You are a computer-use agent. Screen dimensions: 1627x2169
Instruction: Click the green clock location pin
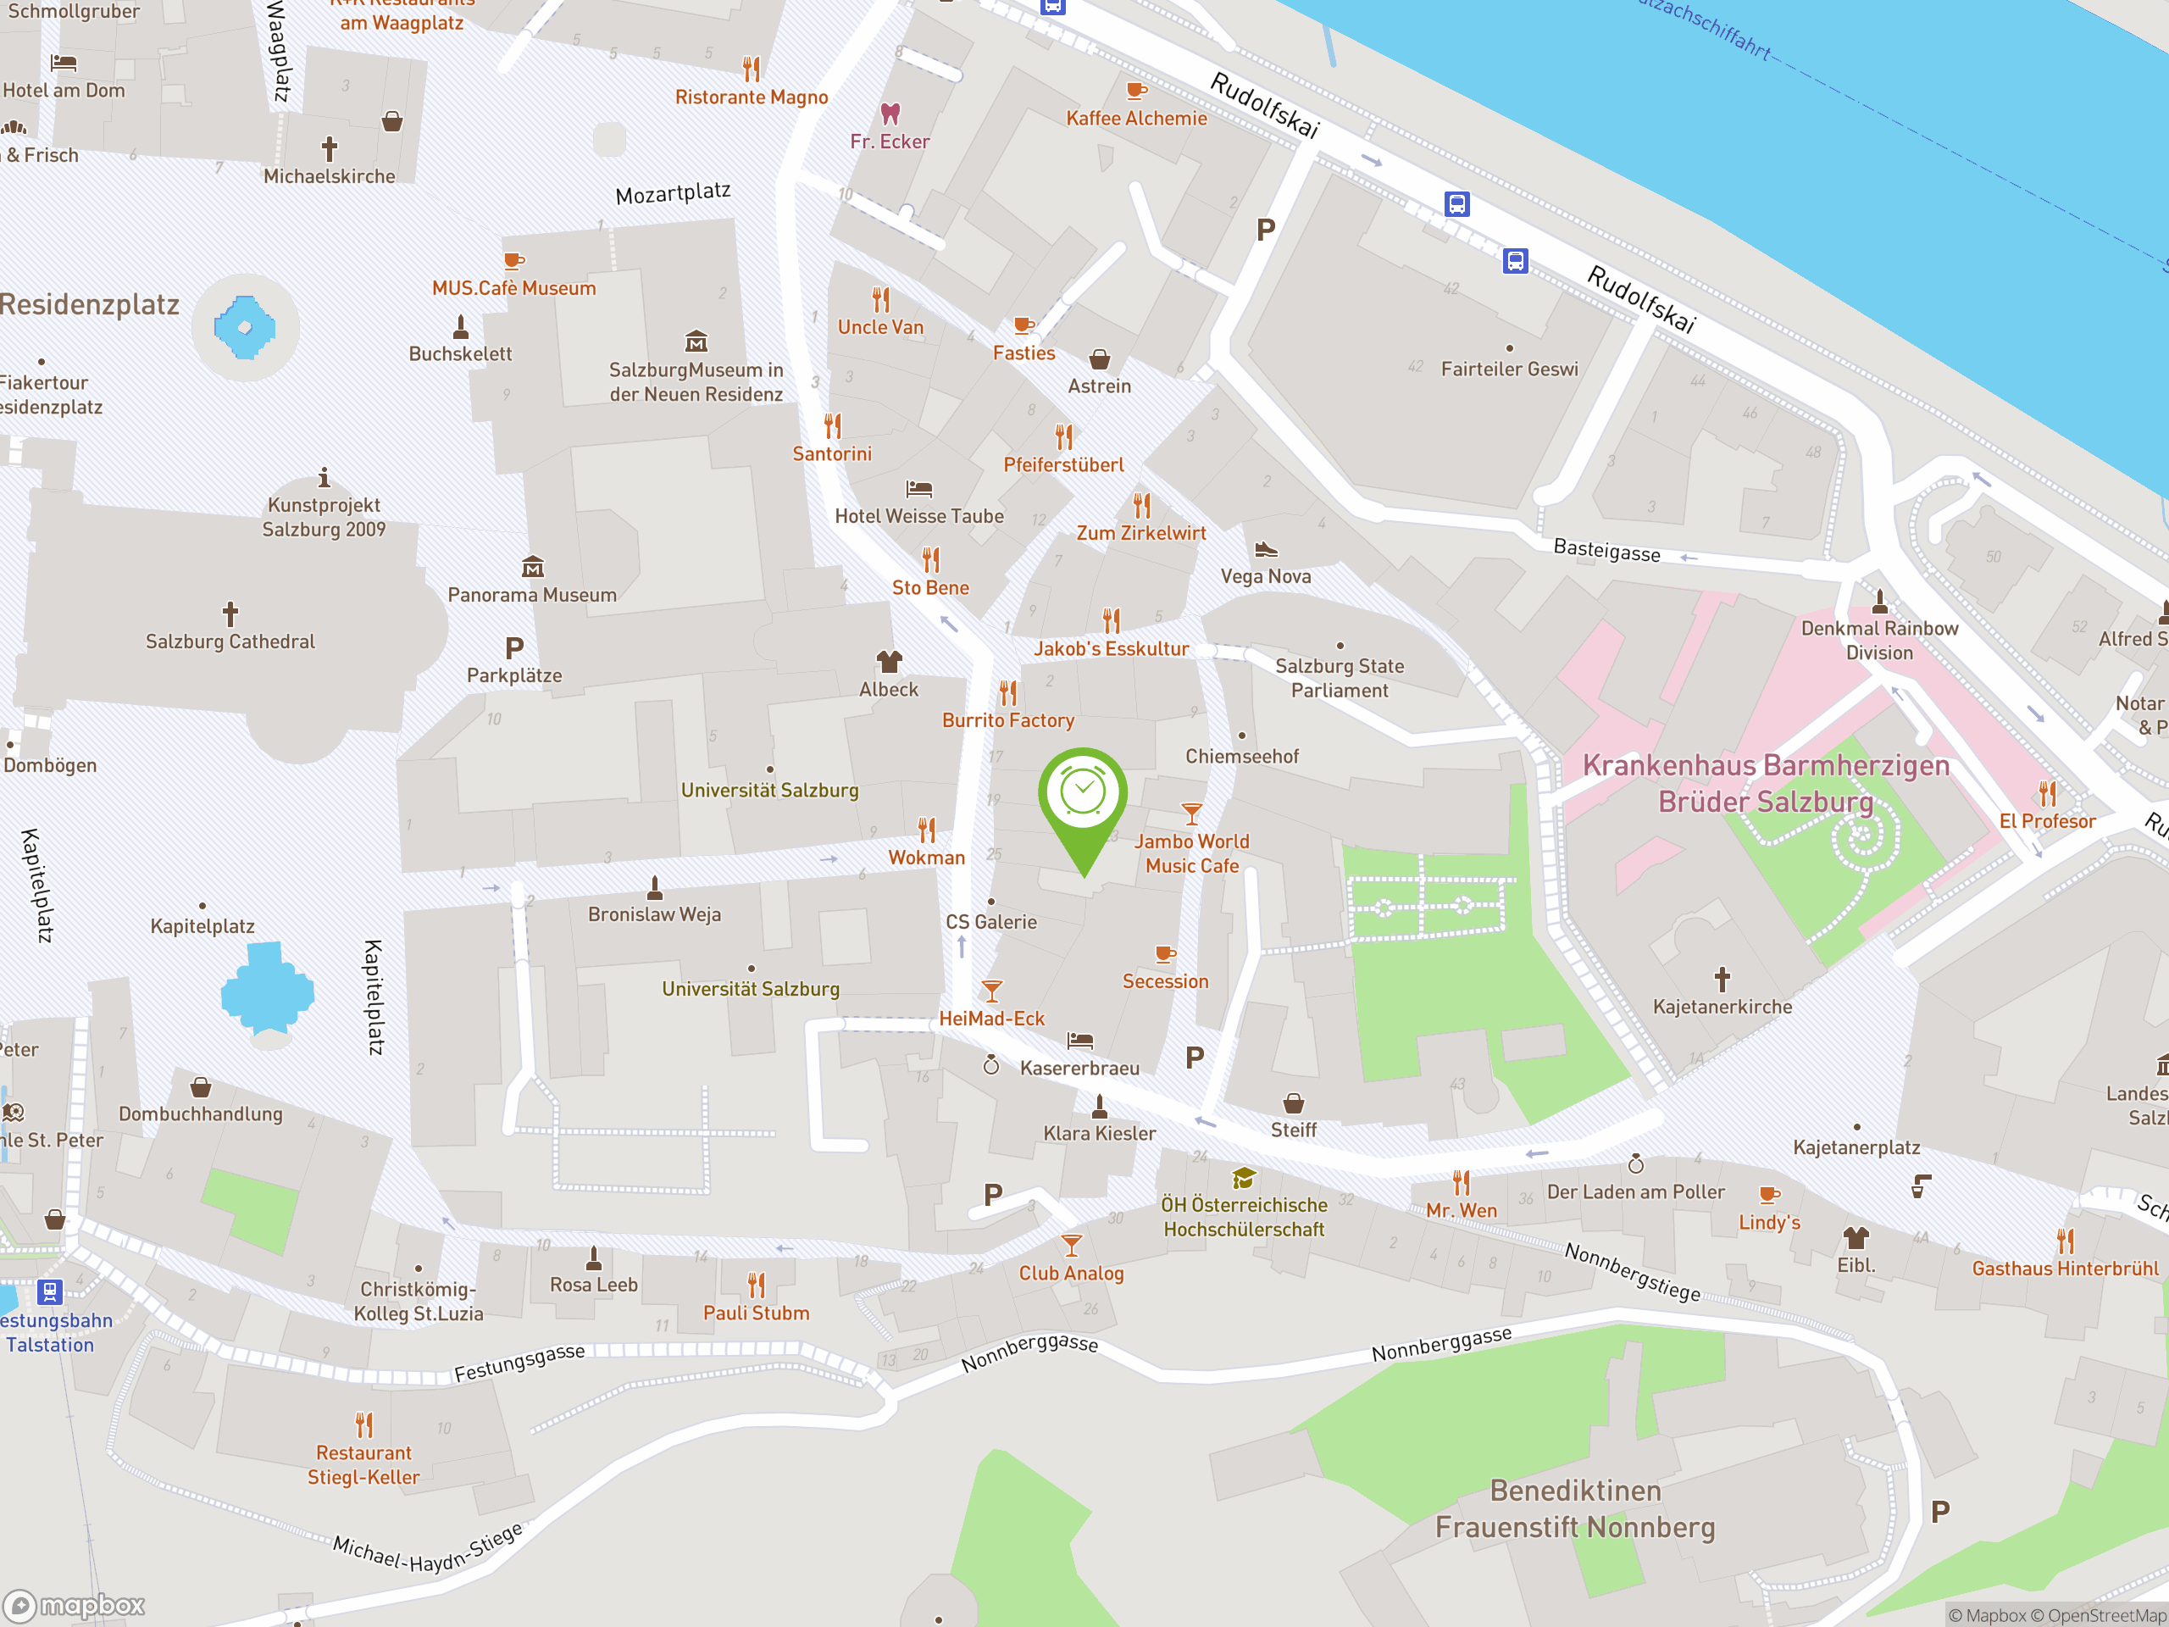tap(1083, 799)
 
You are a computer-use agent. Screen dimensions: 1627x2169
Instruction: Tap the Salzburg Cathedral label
tap(230, 641)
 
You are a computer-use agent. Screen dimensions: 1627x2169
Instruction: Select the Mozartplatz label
tap(673, 192)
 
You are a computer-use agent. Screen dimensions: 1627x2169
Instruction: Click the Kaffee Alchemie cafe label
tap(1136, 119)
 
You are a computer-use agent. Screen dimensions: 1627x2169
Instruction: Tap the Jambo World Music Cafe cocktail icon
tap(1191, 813)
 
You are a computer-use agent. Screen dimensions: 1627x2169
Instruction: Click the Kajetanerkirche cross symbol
tap(1722, 979)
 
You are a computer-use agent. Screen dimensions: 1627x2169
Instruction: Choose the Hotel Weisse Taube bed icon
tap(918, 488)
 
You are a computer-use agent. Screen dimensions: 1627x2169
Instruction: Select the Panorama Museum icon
tap(532, 567)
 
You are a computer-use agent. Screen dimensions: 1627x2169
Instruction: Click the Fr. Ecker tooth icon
tap(890, 114)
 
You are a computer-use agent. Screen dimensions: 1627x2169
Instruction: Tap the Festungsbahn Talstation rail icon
tap(50, 1291)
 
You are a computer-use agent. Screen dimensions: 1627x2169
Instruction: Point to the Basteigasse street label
tap(1606, 551)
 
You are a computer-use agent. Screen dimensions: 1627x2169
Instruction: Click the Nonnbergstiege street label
tap(1632, 1272)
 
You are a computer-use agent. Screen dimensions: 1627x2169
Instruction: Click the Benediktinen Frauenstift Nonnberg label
tap(1575, 1508)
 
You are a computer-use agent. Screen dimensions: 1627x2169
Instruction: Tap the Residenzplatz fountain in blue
tap(244, 326)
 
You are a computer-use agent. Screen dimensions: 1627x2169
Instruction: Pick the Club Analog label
tap(1071, 1273)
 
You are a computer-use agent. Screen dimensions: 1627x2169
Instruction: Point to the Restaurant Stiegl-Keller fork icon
tap(363, 1424)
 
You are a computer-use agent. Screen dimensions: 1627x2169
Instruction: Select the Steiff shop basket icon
tap(1294, 1103)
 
